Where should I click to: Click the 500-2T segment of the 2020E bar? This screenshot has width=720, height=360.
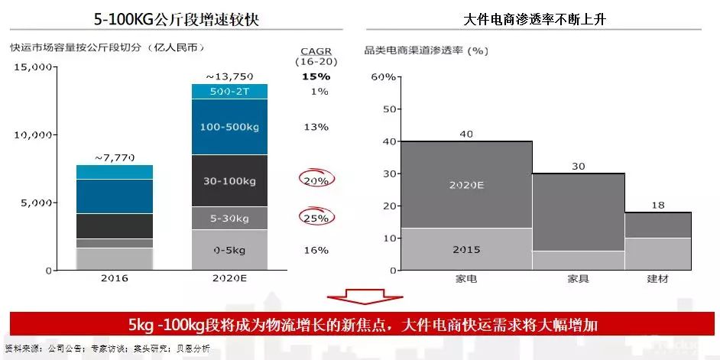(229, 91)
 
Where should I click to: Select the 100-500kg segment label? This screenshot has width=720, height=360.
(229, 127)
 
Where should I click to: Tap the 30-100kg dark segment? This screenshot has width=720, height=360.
(229, 181)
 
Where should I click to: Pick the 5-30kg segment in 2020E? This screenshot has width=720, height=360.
(229, 219)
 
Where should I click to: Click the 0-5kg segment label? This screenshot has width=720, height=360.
(229, 250)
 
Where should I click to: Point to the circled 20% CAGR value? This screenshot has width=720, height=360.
(316, 181)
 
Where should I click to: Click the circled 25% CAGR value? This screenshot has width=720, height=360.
(316, 219)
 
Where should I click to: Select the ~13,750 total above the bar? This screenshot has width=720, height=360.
(229, 76)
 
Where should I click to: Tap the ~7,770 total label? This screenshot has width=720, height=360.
(114, 157)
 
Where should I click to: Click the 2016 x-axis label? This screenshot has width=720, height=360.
(114, 279)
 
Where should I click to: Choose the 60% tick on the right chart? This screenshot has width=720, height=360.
(383, 77)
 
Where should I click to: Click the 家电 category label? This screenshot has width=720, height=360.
(465, 279)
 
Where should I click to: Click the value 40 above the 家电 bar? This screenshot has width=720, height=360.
(465, 135)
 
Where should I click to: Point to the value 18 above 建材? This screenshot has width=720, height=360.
(657, 206)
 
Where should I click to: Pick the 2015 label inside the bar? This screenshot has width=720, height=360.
(465, 250)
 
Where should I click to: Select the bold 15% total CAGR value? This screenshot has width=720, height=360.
(316, 76)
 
